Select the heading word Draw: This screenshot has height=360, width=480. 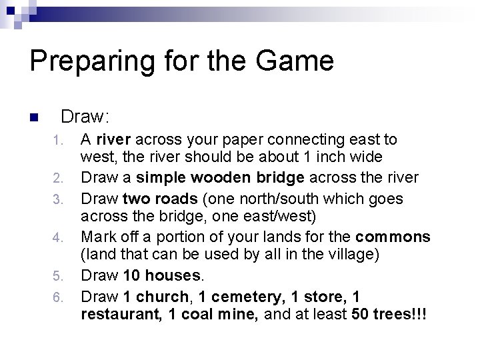85,117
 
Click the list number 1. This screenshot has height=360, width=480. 59,141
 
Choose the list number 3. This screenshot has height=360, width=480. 59,199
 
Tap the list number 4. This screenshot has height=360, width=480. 59,237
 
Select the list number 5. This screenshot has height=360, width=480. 59,276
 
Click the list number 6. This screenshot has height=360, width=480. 59,295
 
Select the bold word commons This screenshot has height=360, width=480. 394,237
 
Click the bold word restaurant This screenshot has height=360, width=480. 115,314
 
